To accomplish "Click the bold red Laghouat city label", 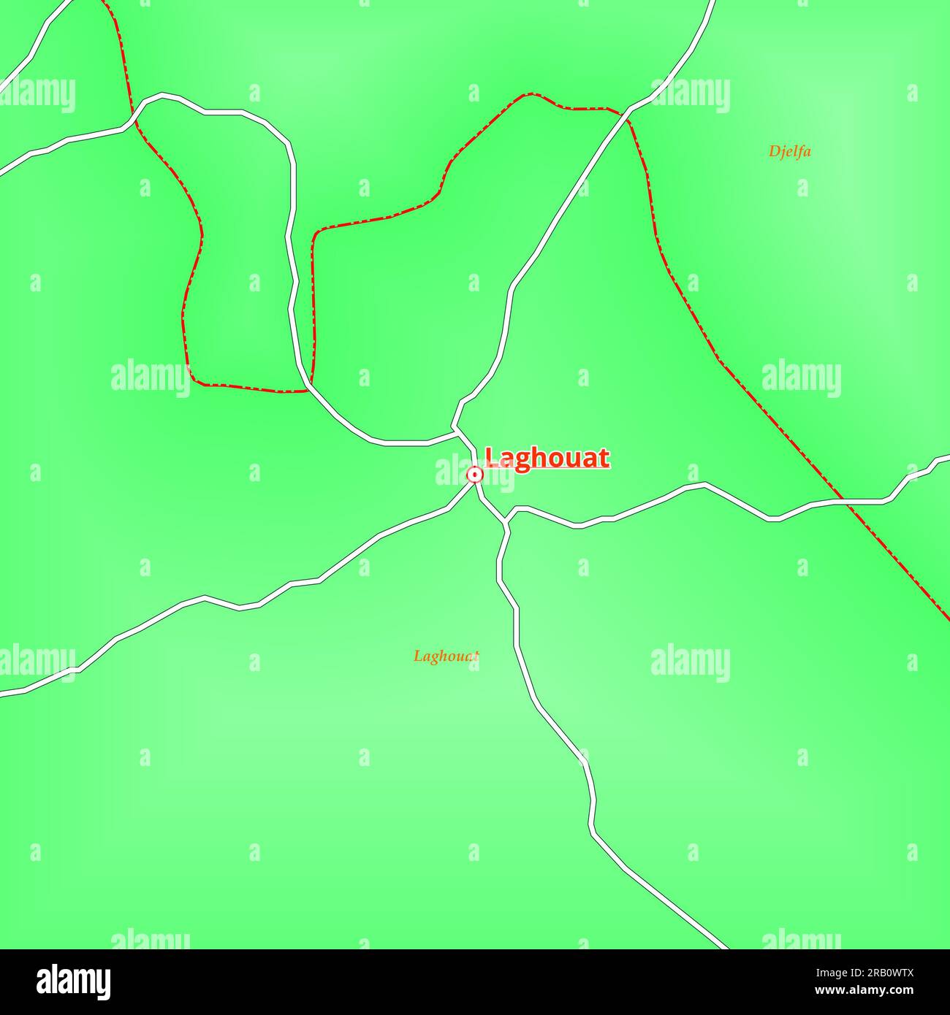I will click(x=547, y=458).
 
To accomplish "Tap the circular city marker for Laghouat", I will click(x=475, y=475).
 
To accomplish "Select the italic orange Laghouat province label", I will click(x=446, y=656).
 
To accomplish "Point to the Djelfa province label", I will click(x=789, y=152).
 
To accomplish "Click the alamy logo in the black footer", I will click(x=74, y=982).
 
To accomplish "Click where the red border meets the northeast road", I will click(x=627, y=111).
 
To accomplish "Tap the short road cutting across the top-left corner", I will click(x=37, y=44).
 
